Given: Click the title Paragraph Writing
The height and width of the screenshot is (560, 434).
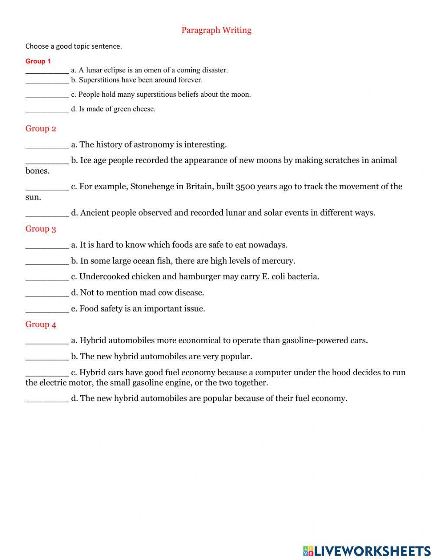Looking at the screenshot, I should coord(216,30).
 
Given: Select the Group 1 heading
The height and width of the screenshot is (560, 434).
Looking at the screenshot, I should coord(38,61).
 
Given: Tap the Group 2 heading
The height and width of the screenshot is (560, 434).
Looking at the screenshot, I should coord(40,128).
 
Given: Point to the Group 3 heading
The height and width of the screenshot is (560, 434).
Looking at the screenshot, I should coord(40,229).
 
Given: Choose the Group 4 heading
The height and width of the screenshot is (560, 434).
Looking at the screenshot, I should coord(40,324).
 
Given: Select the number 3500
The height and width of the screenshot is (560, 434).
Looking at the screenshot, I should coord(244,187).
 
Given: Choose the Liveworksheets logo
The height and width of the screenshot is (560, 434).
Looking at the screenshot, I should coord(366,551).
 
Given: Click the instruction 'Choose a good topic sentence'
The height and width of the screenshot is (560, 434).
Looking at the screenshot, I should coord(73,46).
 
